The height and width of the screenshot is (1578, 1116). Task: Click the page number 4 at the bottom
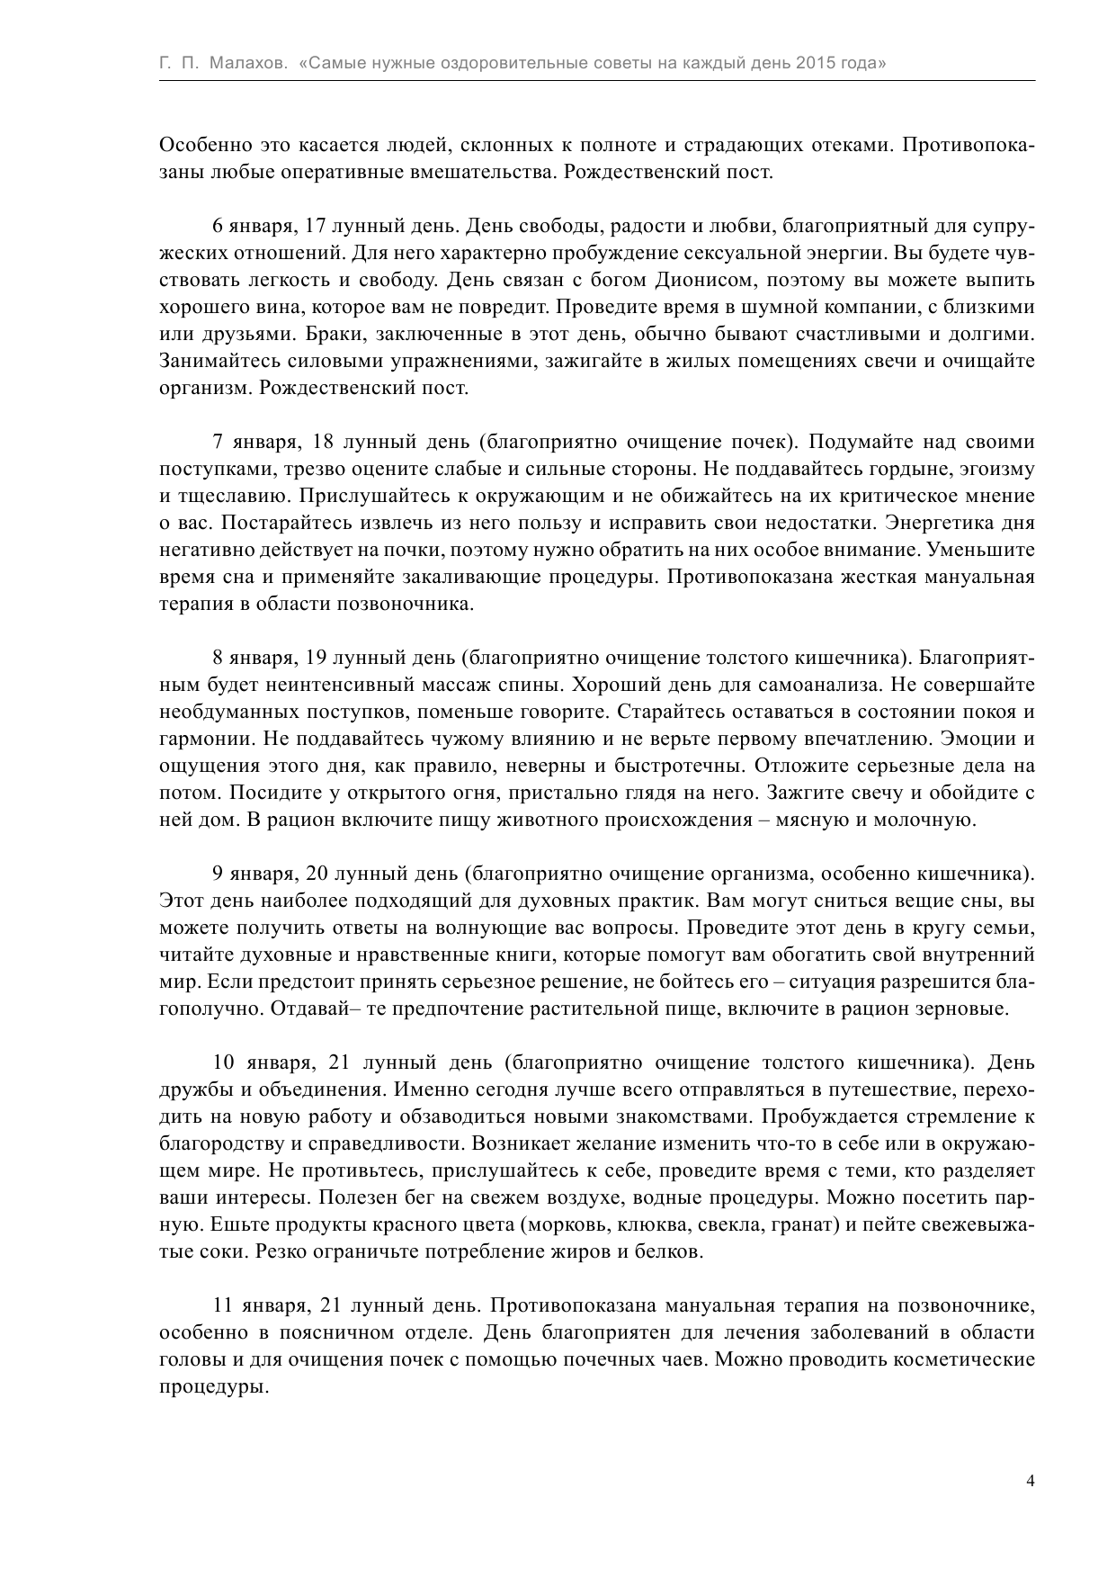click(x=1030, y=1480)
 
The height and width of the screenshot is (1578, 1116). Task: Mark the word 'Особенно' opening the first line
click(x=202, y=145)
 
